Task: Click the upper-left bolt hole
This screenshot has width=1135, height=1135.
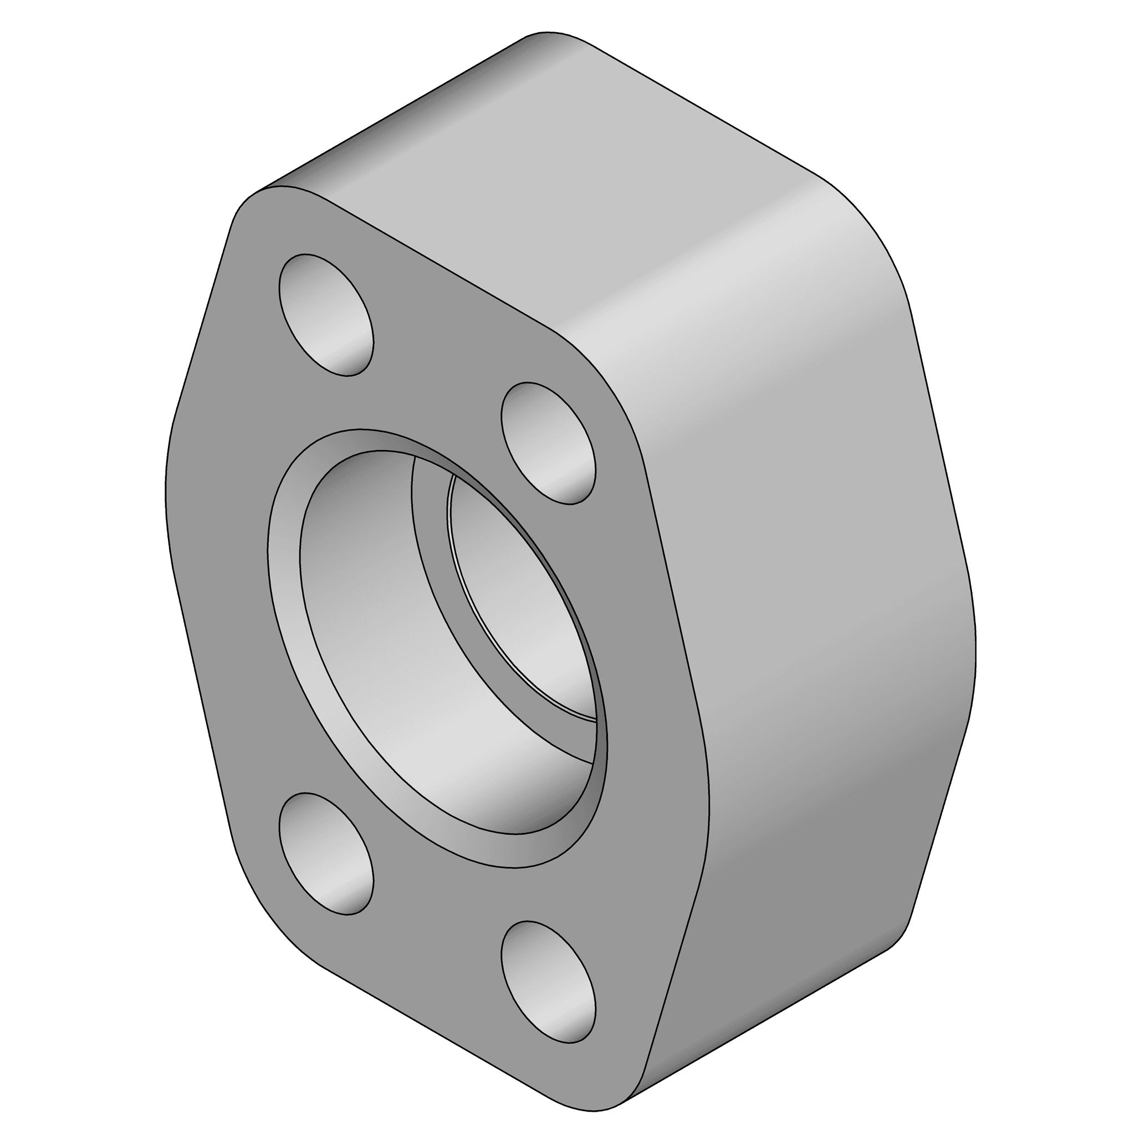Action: coord(326,315)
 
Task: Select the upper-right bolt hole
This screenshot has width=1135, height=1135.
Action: coord(548,443)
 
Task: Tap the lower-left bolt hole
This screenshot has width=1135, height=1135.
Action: coord(326,854)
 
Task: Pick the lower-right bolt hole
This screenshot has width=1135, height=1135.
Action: coord(548,982)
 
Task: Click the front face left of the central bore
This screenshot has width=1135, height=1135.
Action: coord(223,587)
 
